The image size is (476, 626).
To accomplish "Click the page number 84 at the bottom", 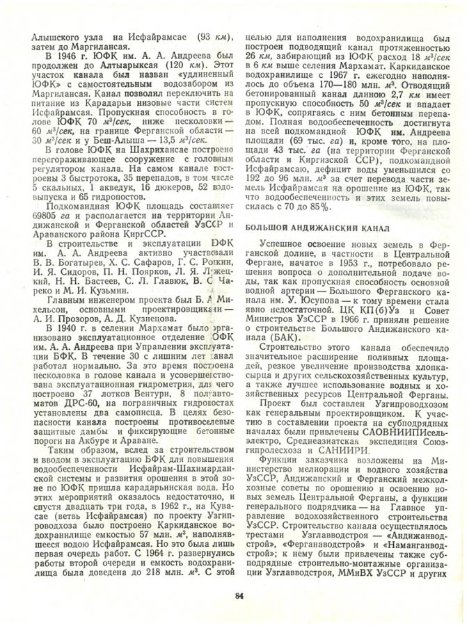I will pos(239,595).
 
